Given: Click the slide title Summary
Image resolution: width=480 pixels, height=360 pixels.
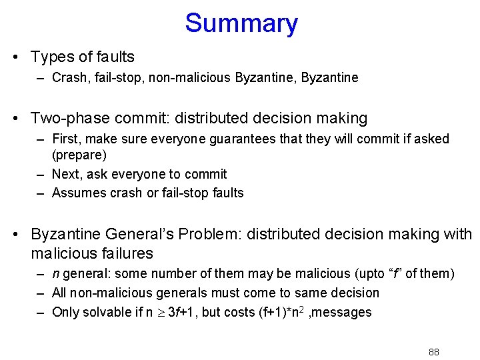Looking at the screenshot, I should click(241, 23).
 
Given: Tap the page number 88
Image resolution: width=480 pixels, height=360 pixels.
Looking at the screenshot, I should click(434, 352).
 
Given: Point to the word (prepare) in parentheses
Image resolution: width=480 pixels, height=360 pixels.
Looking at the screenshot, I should click(79, 155).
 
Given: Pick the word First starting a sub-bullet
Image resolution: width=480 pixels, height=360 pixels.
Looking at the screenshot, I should click(67, 139).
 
